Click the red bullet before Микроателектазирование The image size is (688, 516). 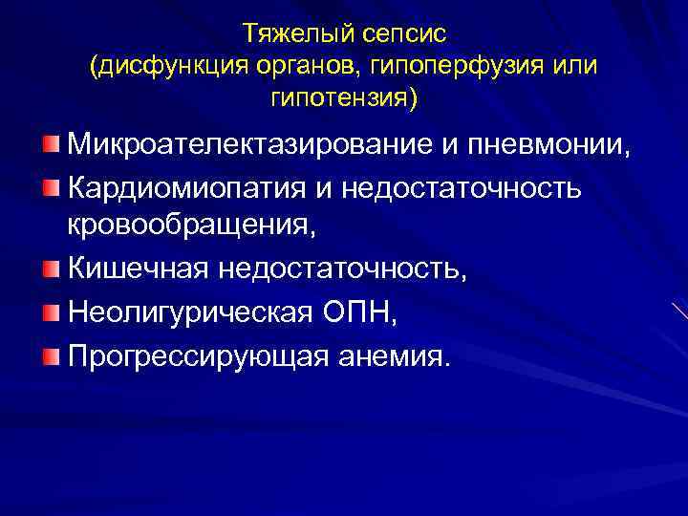click(50, 145)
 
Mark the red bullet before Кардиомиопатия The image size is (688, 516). click(50, 187)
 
